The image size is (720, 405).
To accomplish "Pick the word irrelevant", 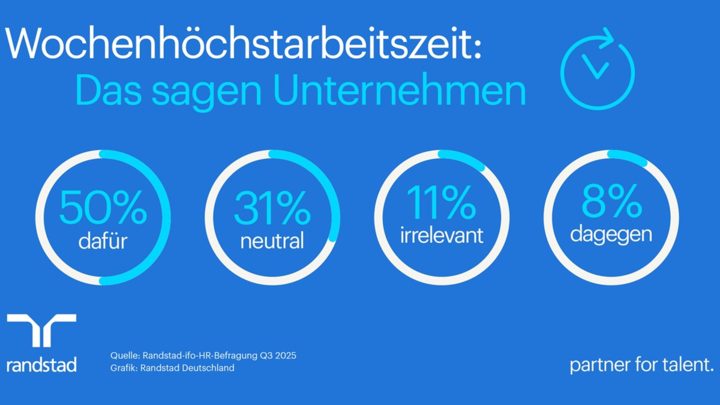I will point(442,235).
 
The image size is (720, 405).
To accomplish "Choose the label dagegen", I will point(611,234).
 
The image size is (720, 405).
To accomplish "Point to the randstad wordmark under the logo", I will point(41,364).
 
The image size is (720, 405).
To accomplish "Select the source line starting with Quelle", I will point(203,356).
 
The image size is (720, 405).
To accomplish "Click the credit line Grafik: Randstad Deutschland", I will point(172,368).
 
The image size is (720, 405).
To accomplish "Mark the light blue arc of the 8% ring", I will point(628,157).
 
